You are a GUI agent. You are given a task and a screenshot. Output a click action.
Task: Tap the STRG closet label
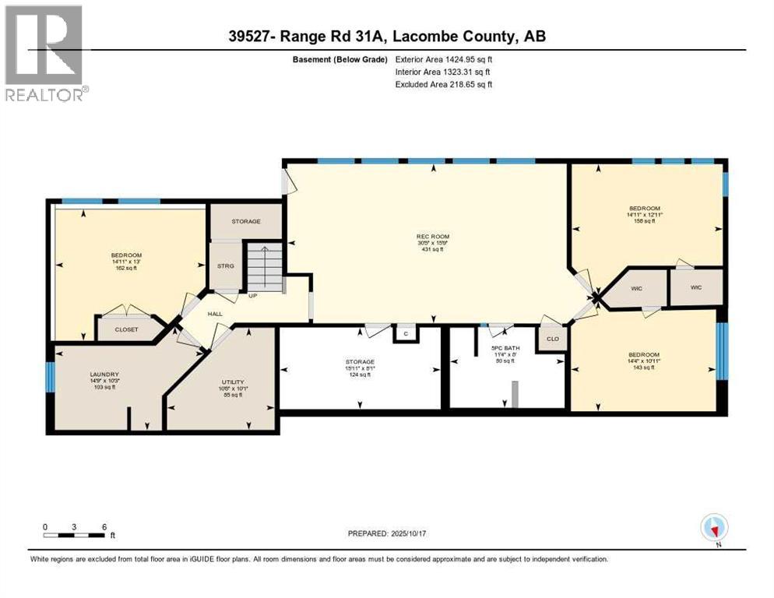(225, 266)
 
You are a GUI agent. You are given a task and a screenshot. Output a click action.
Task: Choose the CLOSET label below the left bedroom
(126, 329)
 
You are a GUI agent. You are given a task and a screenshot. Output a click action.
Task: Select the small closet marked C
(405, 333)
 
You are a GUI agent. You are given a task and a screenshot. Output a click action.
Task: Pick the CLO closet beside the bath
(551, 339)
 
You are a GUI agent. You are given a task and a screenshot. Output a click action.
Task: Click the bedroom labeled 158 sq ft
(645, 215)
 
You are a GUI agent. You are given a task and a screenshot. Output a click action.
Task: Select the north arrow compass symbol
(714, 528)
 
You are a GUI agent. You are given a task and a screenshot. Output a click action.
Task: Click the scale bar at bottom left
(75, 534)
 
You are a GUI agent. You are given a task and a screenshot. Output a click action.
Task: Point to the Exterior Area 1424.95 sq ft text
(444, 59)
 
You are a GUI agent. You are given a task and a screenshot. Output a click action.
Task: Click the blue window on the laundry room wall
(50, 378)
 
